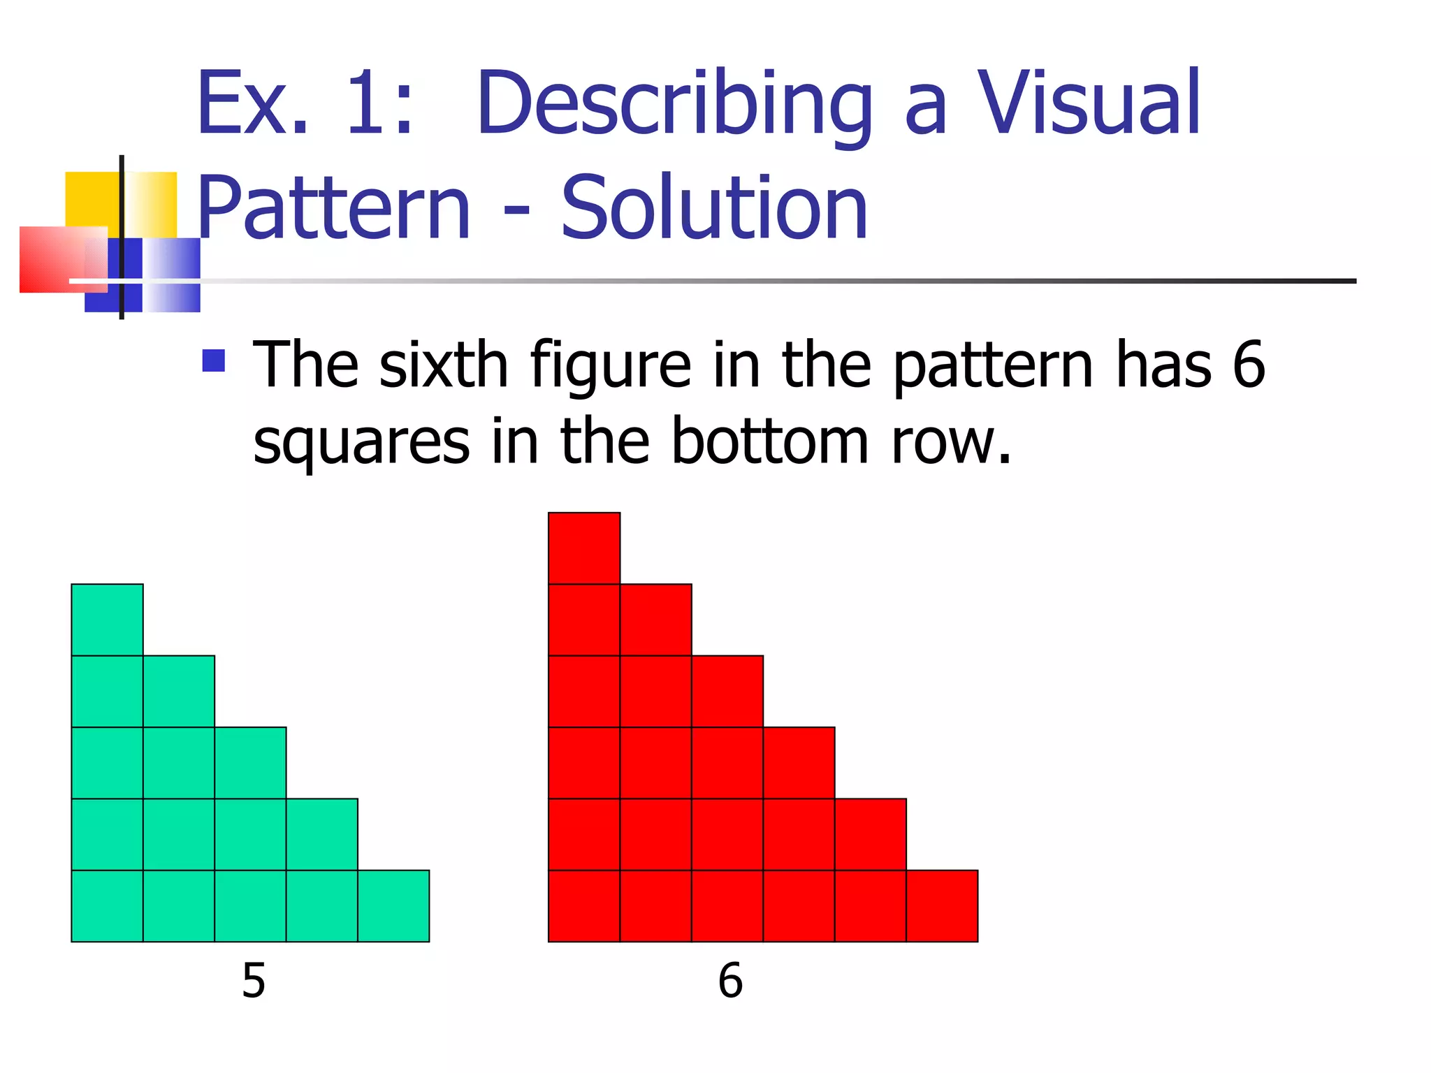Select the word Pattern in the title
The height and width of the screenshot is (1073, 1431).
coord(334,208)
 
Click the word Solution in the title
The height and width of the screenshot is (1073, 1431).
coord(714,208)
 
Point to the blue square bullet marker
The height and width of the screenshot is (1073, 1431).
coord(213,360)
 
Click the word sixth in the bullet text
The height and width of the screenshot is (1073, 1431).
coord(443,365)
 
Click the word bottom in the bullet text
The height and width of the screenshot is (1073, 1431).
coord(769,441)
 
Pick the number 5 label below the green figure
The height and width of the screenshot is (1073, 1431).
coord(254,981)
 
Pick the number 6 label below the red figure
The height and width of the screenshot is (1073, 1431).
coord(730,981)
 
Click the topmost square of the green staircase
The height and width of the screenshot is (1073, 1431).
coord(107,620)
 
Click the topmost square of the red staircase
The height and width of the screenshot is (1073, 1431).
coord(584,548)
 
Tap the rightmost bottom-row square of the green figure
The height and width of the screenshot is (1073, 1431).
coord(393,906)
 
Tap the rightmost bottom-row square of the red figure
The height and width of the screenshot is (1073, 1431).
coord(942,906)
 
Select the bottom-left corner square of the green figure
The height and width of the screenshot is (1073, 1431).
coord(107,906)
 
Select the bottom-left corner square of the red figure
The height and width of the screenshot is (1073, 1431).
coord(584,906)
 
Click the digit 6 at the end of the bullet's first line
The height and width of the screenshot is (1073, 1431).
coord(1249,365)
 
